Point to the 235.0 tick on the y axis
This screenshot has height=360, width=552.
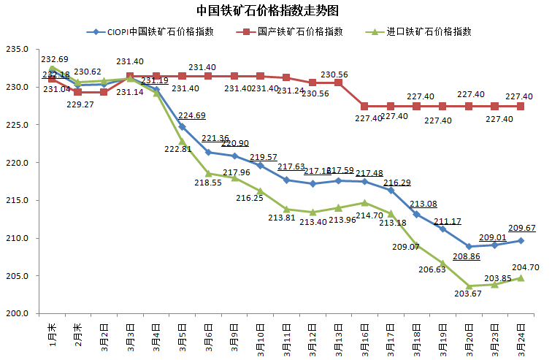[x=17, y=50]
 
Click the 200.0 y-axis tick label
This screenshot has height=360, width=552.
[x=17, y=314]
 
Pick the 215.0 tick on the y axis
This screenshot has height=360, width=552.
[x=17, y=201]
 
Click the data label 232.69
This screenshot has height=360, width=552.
[x=55, y=59]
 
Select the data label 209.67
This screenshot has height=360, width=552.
[x=521, y=228]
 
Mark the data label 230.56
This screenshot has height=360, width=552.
[x=334, y=74]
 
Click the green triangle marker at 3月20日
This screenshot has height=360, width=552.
[x=469, y=286]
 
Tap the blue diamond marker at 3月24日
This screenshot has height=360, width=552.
[x=521, y=240]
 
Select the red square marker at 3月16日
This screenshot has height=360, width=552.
[x=364, y=107]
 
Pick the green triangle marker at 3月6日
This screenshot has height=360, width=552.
[x=208, y=173]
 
